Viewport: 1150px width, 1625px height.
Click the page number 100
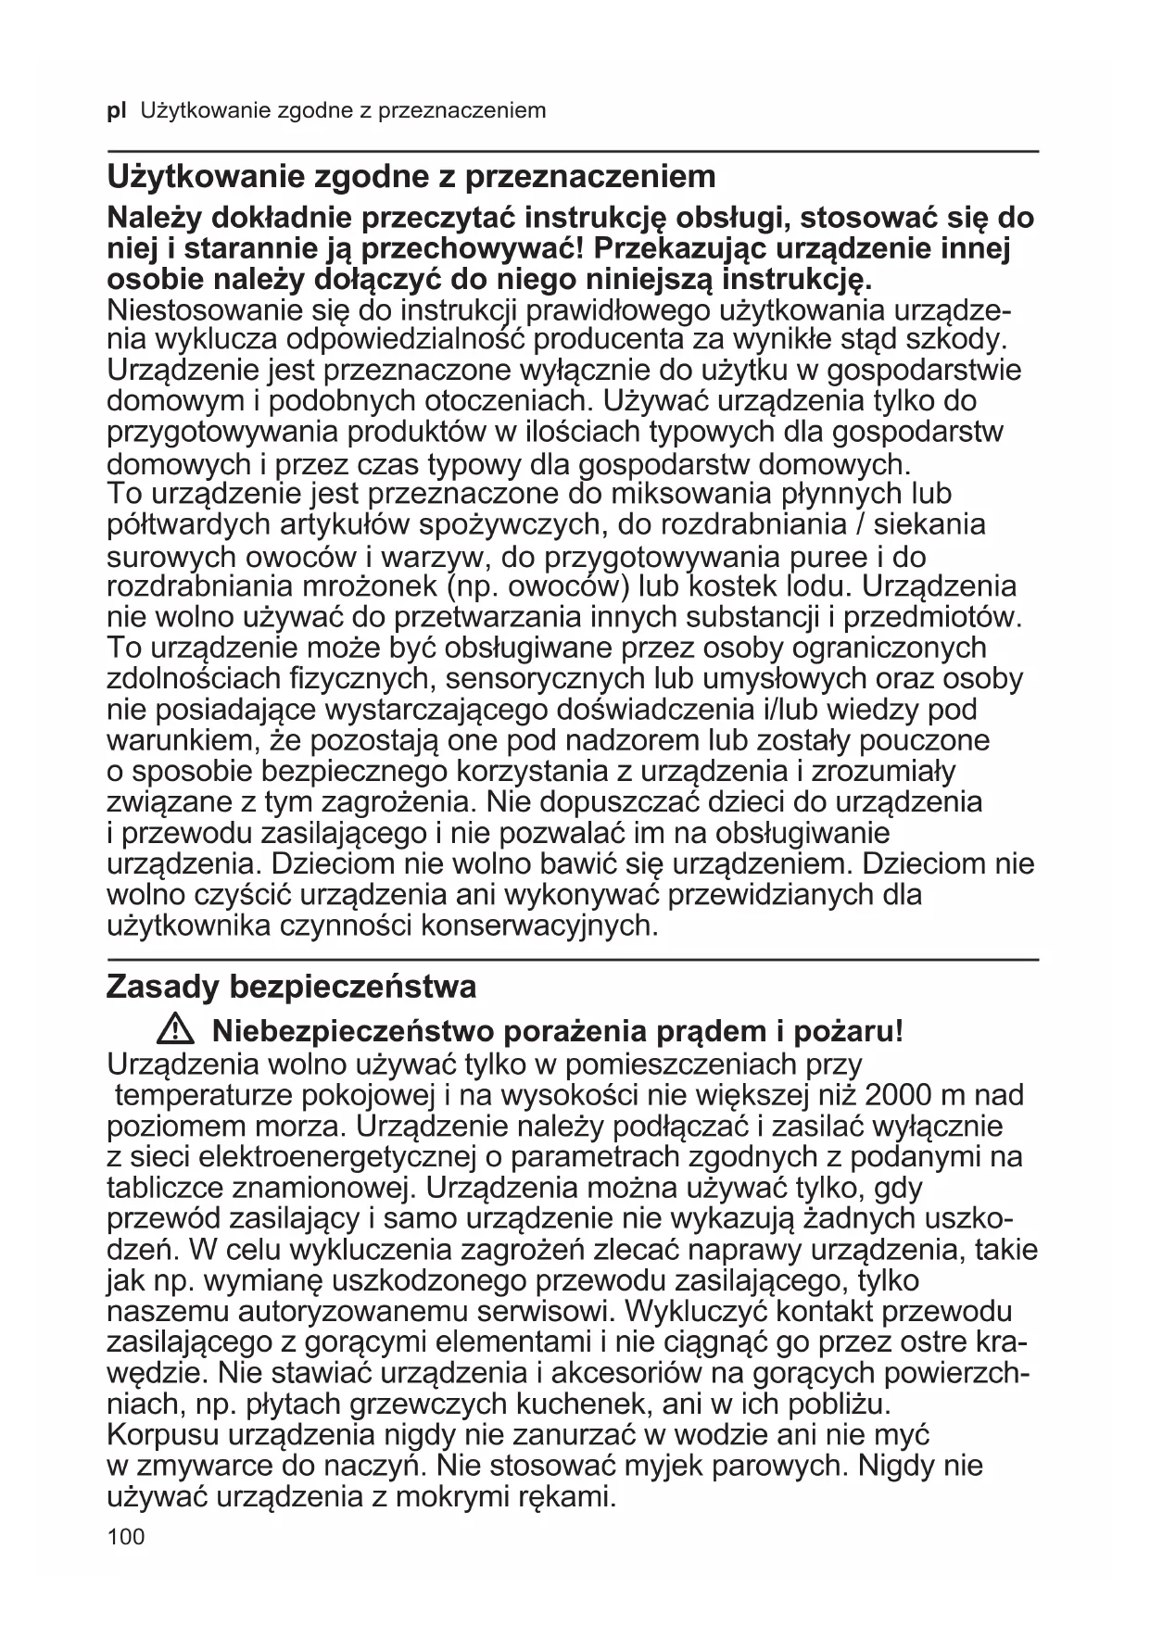126,1538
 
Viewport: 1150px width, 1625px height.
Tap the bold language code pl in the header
117,112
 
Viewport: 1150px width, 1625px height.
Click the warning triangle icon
173,1029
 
